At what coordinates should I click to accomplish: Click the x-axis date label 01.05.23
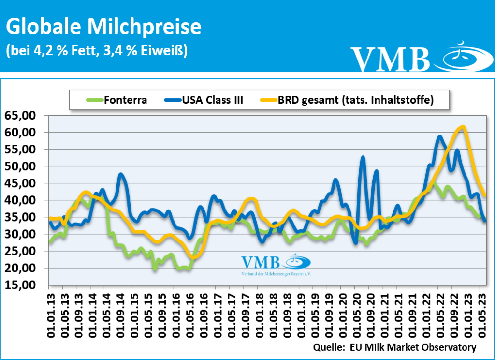(480, 314)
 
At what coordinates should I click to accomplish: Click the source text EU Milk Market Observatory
(395, 347)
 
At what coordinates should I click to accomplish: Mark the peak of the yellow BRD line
(463, 127)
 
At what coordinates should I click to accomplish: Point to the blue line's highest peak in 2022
(439, 136)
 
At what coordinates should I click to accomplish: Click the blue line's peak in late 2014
(121, 174)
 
